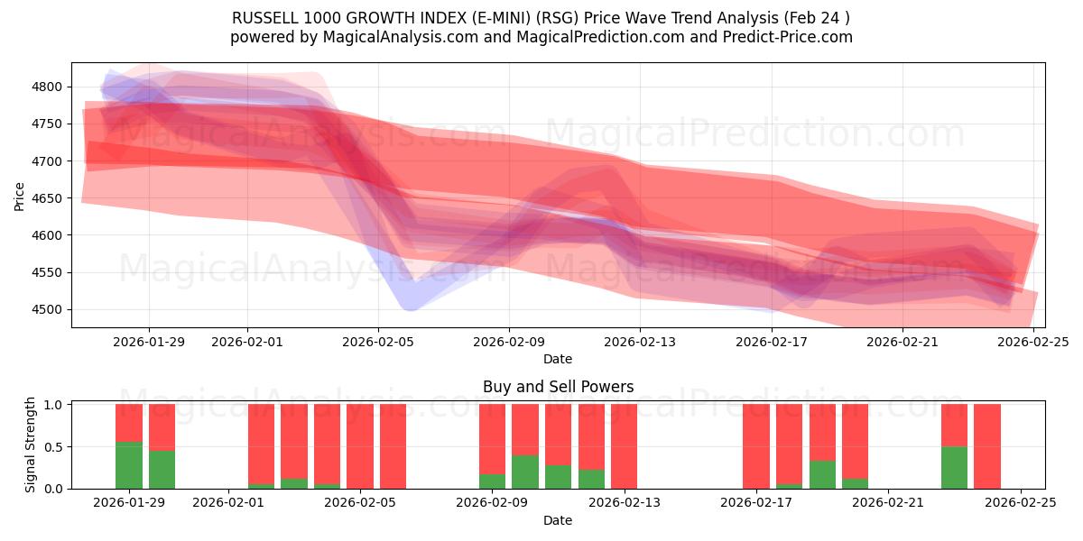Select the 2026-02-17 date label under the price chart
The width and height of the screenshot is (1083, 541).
coord(771,343)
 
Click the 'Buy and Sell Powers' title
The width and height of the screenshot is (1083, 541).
coord(558,387)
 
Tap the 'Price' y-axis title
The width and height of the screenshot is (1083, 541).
coord(20,196)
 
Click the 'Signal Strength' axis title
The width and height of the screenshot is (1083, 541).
coord(30,445)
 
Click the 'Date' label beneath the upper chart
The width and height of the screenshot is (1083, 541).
coord(558,359)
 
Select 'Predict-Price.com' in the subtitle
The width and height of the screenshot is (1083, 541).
coord(784,37)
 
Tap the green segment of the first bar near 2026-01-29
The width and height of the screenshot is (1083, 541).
coord(129,465)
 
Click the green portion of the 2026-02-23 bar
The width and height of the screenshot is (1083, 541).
coord(954,467)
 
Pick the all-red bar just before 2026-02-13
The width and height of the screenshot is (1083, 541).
coord(624,446)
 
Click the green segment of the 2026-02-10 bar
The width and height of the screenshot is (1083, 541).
coord(525,472)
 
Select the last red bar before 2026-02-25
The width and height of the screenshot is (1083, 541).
coord(987,446)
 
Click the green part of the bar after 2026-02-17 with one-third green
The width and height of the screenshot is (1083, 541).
coord(822,474)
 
